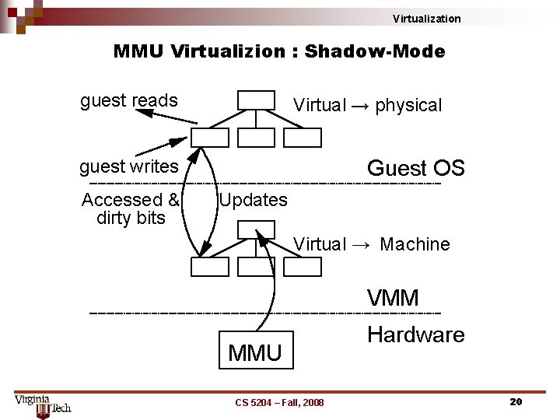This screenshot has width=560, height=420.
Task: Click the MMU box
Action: pyautogui.click(x=255, y=352)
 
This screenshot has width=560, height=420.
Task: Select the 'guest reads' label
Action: pyautogui.click(x=129, y=100)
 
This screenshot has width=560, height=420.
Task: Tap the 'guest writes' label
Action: pyautogui.click(x=129, y=166)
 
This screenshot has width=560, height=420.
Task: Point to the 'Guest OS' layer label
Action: pyautogui.click(x=415, y=168)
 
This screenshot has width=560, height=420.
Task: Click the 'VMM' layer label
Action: pyautogui.click(x=393, y=298)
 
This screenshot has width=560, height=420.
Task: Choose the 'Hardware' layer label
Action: pyautogui.click(x=415, y=335)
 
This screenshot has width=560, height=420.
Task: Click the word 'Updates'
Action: pyautogui.click(x=253, y=200)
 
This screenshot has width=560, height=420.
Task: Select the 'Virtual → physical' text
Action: pyautogui.click(x=367, y=106)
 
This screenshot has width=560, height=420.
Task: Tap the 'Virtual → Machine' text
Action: pyautogui.click(x=372, y=244)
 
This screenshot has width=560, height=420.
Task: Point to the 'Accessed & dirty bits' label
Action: pyautogui.click(x=131, y=208)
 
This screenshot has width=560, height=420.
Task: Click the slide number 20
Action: pyautogui.click(x=515, y=401)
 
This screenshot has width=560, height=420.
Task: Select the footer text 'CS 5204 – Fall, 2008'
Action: pyautogui.click(x=279, y=402)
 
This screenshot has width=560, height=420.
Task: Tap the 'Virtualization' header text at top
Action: pyautogui.click(x=426, y=19)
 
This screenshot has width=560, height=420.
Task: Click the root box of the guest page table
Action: pyautogui.click(x=256, y=100)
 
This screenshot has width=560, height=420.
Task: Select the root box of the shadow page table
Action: pyautogui.click(x=256, y=229)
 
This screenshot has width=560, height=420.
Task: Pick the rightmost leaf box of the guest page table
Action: pyautogui.click(x=302, y=138)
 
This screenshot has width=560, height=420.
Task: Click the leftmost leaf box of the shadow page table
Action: pyautogui.click(x=210, y=267)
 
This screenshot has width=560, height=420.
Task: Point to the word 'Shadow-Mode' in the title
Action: pyautogui.click(x=375, y=52)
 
